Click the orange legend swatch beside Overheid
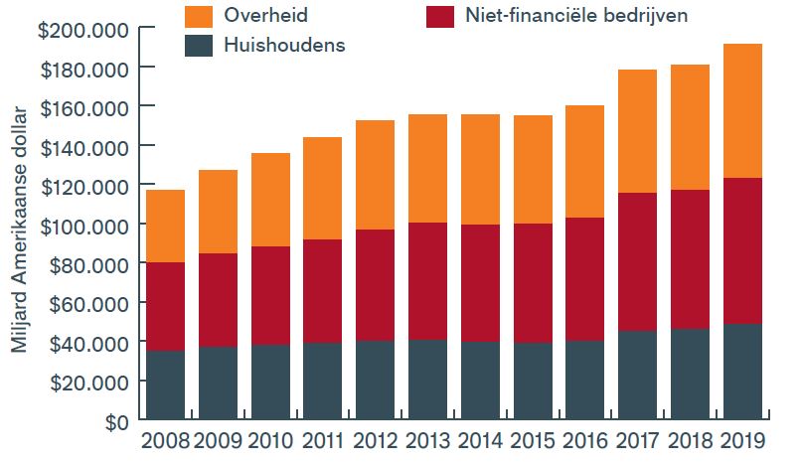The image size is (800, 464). pos(199,15)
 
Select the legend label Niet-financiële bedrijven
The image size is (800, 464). pos(570,16)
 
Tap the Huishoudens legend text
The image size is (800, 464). pos(284,46)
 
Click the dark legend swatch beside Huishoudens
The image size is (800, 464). pos(199,46)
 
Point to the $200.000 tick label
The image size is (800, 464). pos(83,29)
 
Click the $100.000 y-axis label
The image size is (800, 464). pos(83,225)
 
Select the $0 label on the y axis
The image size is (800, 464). pos(115,420)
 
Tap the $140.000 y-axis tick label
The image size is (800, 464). pos(83,146)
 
